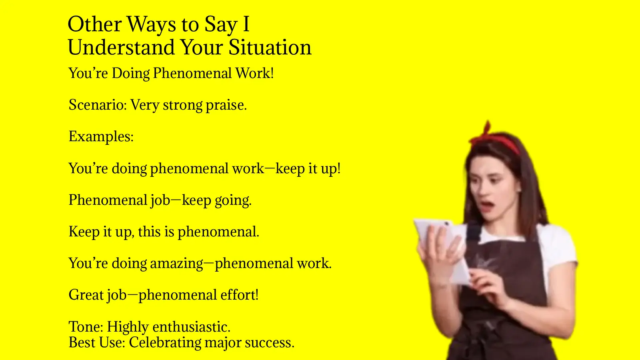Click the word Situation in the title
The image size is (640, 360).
pos(270,48)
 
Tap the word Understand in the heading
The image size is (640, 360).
pos(122,48)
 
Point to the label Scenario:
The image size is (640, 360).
pos(98,105)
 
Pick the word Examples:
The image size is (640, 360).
pos(101,137)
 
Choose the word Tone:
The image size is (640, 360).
pos(86,327)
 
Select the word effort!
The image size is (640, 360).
pos(239,295)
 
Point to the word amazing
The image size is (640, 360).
pos(176,264)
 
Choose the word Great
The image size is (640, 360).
pos(86,295)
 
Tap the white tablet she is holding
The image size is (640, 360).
pos(440,244)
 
